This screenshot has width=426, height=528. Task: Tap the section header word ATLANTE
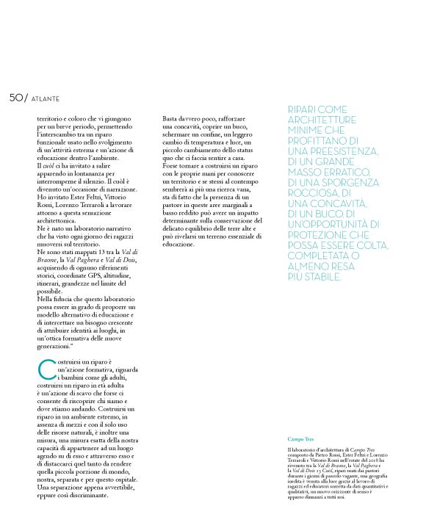pos(45,99)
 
